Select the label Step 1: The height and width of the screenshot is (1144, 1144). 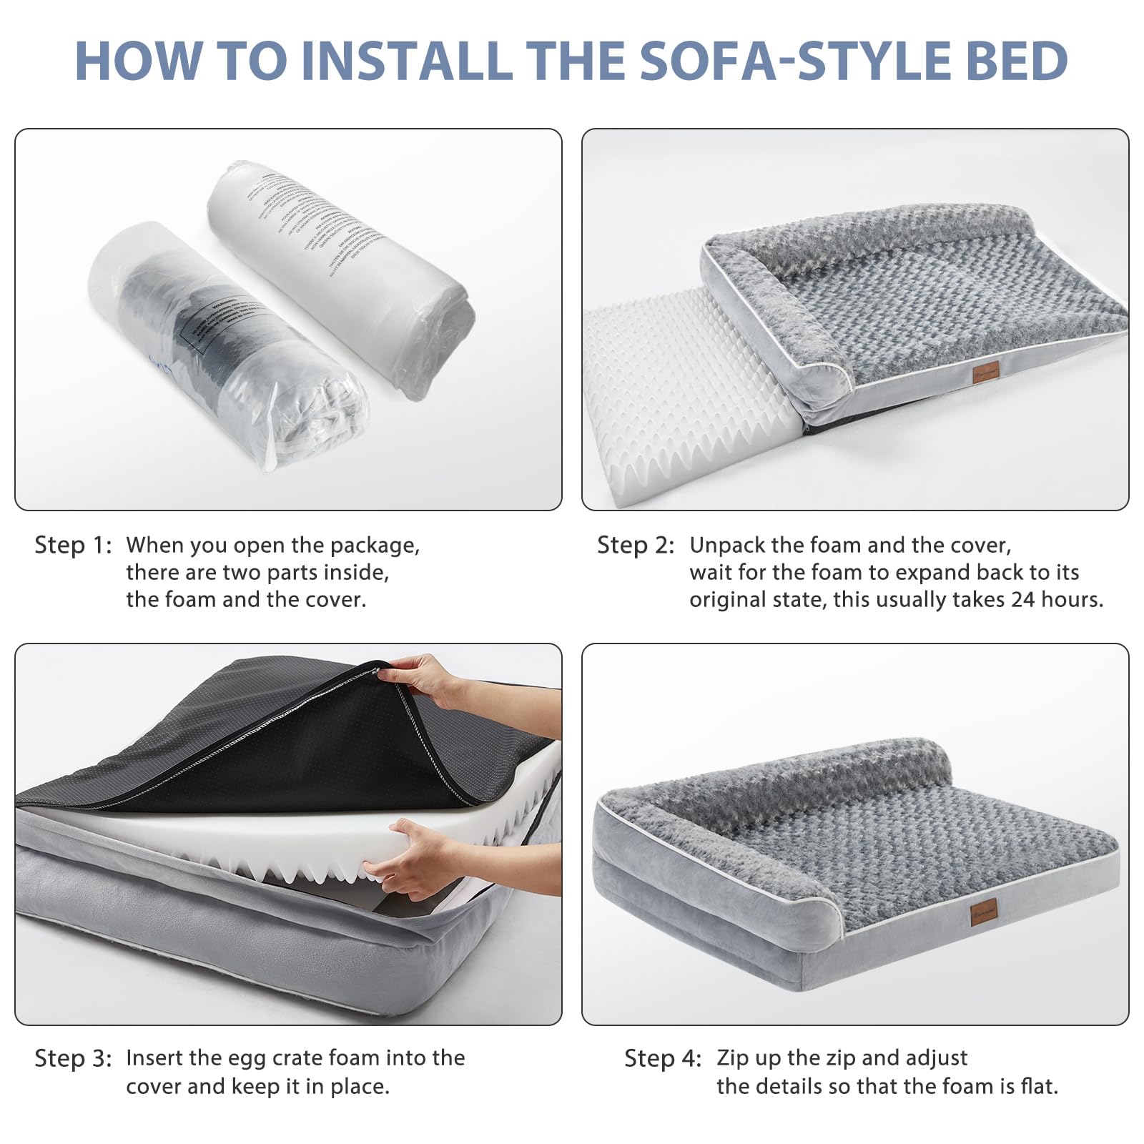(x=73, y=546)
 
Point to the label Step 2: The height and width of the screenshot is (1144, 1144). (x=636, y=546)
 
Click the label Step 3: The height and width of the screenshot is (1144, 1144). (x=73, y=1058)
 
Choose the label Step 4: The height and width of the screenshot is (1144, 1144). (x=663, y=1058)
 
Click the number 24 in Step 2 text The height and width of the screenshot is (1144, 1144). (x=1022, y=599)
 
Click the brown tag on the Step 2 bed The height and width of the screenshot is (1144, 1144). (x=985, y=373)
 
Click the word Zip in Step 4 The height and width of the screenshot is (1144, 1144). (x=733, y=1058)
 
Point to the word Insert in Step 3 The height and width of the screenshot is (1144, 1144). (x=158, y=1058)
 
